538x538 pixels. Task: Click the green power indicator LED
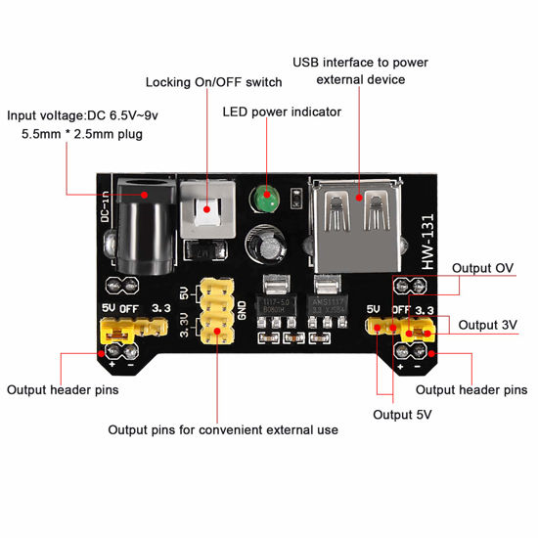[263, 200]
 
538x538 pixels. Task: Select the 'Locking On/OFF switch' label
[213, 81]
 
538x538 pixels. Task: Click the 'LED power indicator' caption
[283, 112]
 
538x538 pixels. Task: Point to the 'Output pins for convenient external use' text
[222, 429]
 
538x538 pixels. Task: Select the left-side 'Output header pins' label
[63, 389]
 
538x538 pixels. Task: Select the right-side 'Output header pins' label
[471, 389]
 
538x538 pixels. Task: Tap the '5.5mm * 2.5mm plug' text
[81, 134]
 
